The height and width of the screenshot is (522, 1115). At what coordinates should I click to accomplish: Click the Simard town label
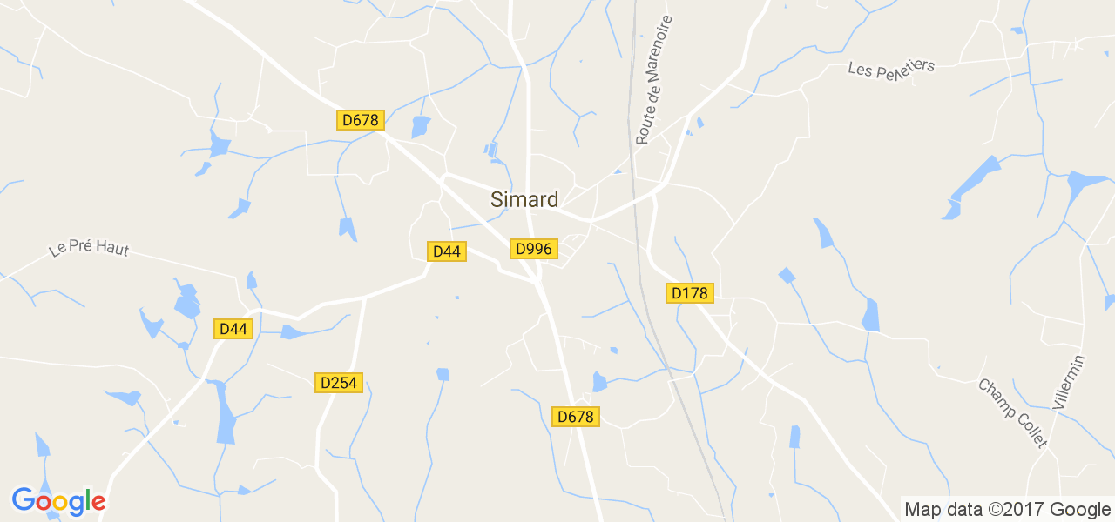coord(524,199)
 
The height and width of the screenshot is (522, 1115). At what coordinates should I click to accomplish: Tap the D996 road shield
coord(533,249)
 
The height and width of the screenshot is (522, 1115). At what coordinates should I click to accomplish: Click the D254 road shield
coord(338,382)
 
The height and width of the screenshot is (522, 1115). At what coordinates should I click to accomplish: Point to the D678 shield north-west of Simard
coord(360,120)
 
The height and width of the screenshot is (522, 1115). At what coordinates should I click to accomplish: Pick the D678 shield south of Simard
coord(576,417)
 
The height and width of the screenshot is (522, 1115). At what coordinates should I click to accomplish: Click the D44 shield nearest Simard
coord(446,251)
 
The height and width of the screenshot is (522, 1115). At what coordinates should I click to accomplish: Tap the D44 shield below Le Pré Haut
coord(234,329)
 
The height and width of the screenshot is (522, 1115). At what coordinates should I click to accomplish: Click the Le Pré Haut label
coord(89,249)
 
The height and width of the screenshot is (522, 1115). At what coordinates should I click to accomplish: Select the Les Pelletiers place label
coord(891,67)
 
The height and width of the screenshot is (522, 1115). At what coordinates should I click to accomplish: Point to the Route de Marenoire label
coord(654,79)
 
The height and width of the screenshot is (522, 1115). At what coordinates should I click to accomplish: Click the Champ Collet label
coord(1013,412)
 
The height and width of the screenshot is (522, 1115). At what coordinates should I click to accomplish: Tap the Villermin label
coord(1069,382)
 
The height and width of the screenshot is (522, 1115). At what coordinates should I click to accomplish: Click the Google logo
coord(58,501)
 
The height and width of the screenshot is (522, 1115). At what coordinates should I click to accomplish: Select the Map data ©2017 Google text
coord(1007,509)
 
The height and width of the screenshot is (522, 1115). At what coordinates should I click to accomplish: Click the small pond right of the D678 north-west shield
coord(421,127)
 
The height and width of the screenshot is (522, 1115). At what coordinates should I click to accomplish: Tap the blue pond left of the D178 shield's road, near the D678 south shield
coord(599,381)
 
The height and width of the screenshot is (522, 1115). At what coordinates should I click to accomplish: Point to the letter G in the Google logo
coord(23,500)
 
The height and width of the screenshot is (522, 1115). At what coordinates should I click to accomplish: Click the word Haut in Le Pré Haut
coord(113,250)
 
